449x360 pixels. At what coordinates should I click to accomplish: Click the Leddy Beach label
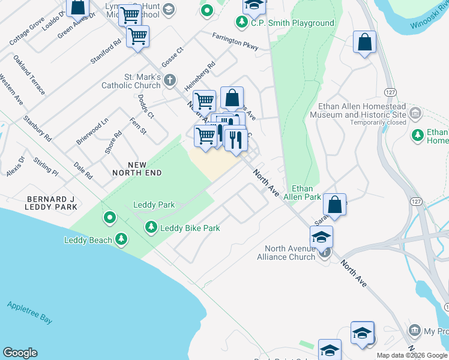[88, 241]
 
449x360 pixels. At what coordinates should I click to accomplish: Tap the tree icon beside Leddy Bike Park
[151, 227]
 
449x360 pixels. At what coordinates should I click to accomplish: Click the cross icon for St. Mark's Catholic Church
[170, 79]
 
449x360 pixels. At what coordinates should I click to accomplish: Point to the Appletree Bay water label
[29, 312]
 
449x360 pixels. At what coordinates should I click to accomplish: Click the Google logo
[20, 353]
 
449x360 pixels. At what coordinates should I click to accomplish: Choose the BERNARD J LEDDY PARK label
[52, 203]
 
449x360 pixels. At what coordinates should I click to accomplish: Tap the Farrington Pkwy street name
[235, 40]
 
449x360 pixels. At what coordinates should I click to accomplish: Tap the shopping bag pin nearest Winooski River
[364, 43]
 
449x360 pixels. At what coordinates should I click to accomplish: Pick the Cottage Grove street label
[27, 31]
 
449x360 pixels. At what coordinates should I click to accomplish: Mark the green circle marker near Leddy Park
[109, 217]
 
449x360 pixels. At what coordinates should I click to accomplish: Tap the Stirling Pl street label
[46, 167]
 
